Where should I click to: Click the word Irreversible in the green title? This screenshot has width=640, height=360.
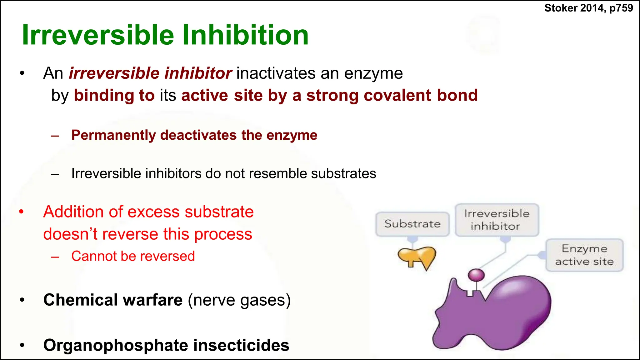pos(98,35)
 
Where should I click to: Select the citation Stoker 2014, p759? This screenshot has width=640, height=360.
pos(588,8)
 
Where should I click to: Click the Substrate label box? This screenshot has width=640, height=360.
pos(412,224)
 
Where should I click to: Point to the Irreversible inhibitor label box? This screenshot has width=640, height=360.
pos(497,220)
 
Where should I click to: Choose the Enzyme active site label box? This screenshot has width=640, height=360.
pos(584,255)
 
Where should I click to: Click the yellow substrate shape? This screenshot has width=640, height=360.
pos(417,256)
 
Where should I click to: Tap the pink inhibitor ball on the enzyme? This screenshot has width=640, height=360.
pos(476,275)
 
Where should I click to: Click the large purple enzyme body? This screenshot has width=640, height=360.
pos(500,316)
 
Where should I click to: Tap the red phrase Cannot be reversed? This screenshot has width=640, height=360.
pos(133,256)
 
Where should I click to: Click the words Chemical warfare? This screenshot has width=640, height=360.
pos(113,300)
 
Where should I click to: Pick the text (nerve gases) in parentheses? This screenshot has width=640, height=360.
pos(239,300)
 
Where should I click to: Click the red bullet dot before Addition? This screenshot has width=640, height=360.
pos(21,212)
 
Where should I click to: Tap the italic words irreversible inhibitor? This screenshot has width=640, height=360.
pos(150,73)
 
